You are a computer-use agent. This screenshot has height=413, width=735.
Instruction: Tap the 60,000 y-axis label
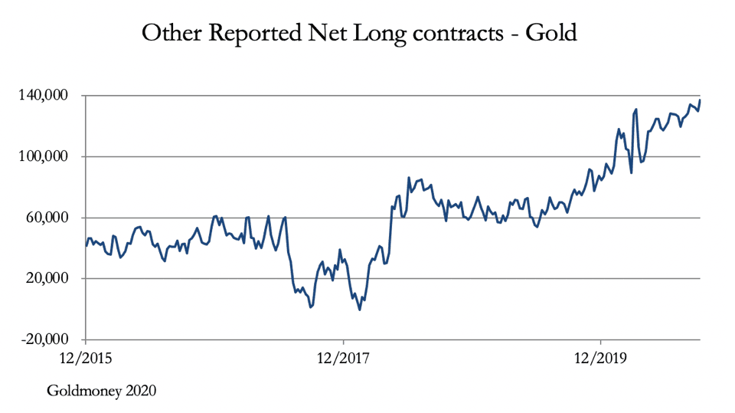(x=47, y=218)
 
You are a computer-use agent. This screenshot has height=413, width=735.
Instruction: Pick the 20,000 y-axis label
(x=47, y=278)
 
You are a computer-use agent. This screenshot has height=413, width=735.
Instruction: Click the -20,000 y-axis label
(x=44, y=339)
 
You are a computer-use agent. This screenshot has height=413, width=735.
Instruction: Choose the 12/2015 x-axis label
(x=85, y=357)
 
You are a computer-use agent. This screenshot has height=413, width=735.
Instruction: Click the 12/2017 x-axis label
(x=343, y=357)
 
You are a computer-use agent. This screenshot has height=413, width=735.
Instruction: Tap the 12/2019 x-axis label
(x=600, y=357)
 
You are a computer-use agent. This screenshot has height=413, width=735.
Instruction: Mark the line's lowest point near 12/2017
(x=359, y=310)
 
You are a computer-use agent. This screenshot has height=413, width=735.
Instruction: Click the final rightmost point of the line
(x=700, y=100)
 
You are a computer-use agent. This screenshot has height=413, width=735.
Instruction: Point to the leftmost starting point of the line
(x=86, y=245)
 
